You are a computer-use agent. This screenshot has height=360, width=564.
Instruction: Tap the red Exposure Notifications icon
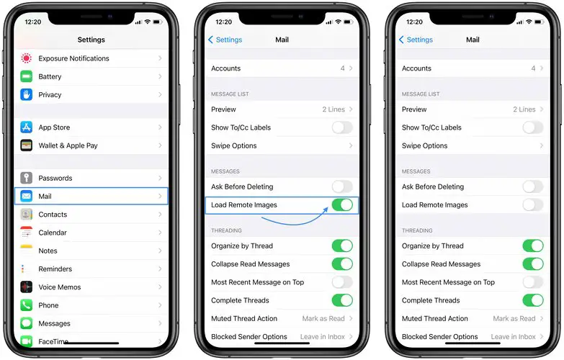click(26, 58)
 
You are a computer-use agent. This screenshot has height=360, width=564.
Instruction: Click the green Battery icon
click(26, 76)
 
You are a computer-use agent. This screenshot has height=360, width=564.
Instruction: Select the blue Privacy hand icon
click(26, 94)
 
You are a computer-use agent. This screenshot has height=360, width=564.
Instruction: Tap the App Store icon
click(26, 127)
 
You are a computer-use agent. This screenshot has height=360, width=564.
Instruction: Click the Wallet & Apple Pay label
click(68, 145)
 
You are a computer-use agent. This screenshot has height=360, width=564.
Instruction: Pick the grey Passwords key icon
click(26, 178)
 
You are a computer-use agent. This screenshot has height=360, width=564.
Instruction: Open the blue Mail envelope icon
click(26, 197)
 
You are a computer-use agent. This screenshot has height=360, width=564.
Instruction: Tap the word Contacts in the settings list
click(53, 215)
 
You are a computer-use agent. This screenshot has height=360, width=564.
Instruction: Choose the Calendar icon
click(26, 233)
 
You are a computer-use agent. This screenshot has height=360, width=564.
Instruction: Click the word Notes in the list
click(48, 251)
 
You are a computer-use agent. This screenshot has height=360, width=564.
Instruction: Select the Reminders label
click(55, 269)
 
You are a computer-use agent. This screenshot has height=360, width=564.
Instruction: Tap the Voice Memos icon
click(26, 287)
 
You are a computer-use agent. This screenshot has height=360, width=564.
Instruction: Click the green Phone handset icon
click(26, 305)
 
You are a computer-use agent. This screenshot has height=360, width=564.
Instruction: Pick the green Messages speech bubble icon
click(26, 323)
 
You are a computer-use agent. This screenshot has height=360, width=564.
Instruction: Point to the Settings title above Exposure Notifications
click(91, 40)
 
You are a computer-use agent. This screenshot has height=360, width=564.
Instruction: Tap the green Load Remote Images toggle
click(342, 205)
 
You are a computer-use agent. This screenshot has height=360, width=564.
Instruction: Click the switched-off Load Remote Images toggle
click(533, 205)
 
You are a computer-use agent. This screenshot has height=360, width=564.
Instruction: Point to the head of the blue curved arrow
click(326, 209)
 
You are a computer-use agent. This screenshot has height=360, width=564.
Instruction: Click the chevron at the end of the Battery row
click(160, 76)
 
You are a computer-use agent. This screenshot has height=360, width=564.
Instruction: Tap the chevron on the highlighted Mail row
click(160, 197)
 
